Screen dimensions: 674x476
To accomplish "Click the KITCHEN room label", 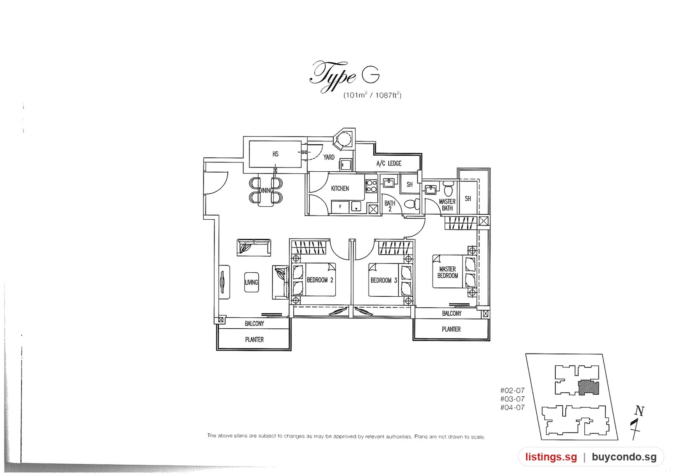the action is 340,189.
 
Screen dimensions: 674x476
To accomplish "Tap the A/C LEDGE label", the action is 389,163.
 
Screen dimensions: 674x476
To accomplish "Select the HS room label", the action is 275,154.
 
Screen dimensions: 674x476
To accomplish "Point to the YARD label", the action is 329,157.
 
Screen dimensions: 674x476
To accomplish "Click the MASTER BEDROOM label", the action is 447,272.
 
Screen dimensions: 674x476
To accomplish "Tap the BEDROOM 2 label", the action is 320,280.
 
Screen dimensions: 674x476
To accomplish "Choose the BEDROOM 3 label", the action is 384,280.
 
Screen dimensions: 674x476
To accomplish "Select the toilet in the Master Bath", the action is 448,188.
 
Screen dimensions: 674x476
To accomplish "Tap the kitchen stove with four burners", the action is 371,186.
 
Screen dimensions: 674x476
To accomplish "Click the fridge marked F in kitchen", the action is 340,207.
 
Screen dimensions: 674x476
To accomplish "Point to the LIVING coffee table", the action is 251,282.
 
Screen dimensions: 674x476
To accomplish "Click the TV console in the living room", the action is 224,282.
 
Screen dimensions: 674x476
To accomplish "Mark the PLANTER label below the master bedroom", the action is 451,329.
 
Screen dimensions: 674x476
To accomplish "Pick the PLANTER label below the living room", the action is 254,340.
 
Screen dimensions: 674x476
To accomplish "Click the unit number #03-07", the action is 512,399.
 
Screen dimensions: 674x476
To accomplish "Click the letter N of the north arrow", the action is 640,411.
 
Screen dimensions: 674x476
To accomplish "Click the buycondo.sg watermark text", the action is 624,457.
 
